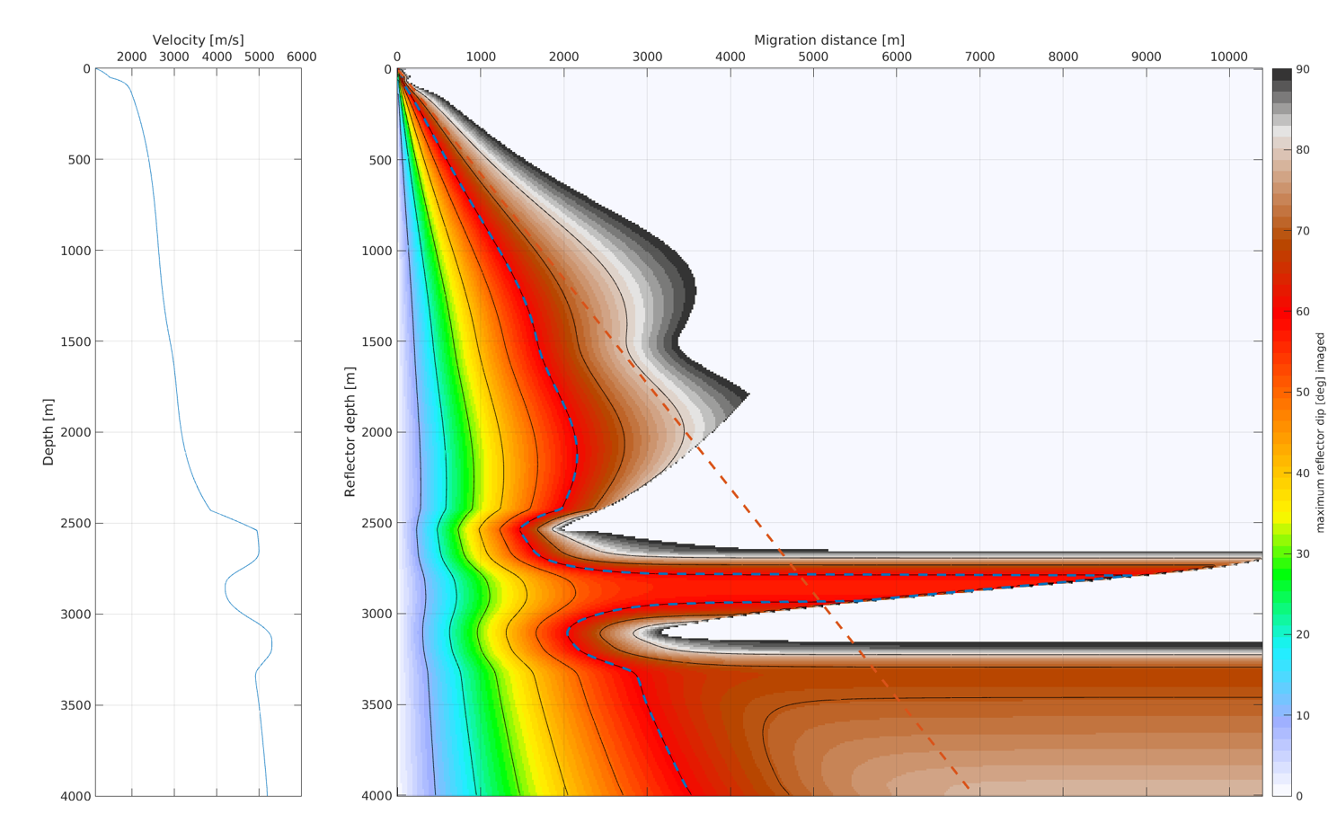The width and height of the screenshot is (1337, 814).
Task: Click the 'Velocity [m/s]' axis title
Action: click(x=199, y=40)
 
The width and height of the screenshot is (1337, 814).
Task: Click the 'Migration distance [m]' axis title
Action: click(x=829, y=40)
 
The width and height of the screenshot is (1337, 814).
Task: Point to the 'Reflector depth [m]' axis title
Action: click(x=350, y=431)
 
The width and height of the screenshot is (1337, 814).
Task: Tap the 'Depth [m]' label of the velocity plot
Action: click(x=49, y=432)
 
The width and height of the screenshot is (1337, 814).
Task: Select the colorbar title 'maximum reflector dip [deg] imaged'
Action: click(x=1320, y=433)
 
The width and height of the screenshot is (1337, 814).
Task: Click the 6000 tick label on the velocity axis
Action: click(x=301, y=57)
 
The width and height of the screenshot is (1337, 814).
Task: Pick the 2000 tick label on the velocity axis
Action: click(x=131, y=57)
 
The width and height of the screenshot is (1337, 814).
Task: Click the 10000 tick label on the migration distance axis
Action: click(x=1229, y=57)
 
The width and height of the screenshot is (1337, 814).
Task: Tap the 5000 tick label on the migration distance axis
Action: click(x=813, y=57)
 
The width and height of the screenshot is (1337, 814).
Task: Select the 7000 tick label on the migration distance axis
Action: click(x=979, y=57)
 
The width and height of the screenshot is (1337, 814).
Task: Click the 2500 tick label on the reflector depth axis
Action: click(x=376, y=524)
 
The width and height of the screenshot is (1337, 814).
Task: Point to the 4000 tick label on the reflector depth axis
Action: click(x=376, y=796)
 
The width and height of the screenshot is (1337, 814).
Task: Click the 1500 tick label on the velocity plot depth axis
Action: click(x=75, y=342)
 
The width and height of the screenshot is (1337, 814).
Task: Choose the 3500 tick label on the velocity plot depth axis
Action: click(x=75, y=705)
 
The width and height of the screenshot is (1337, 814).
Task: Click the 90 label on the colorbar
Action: click(x=1303, y=69)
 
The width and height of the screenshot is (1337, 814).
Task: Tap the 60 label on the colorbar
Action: click(x=1303, y=312)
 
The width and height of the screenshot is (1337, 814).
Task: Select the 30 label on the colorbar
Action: click(x=1303, y=553)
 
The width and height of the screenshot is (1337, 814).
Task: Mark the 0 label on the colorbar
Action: click(x=1299, y=796)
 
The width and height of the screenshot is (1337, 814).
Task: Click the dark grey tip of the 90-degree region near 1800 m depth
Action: click(x=748, y=394)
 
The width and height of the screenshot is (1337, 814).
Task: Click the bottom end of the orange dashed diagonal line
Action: click(x=968, y=790)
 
